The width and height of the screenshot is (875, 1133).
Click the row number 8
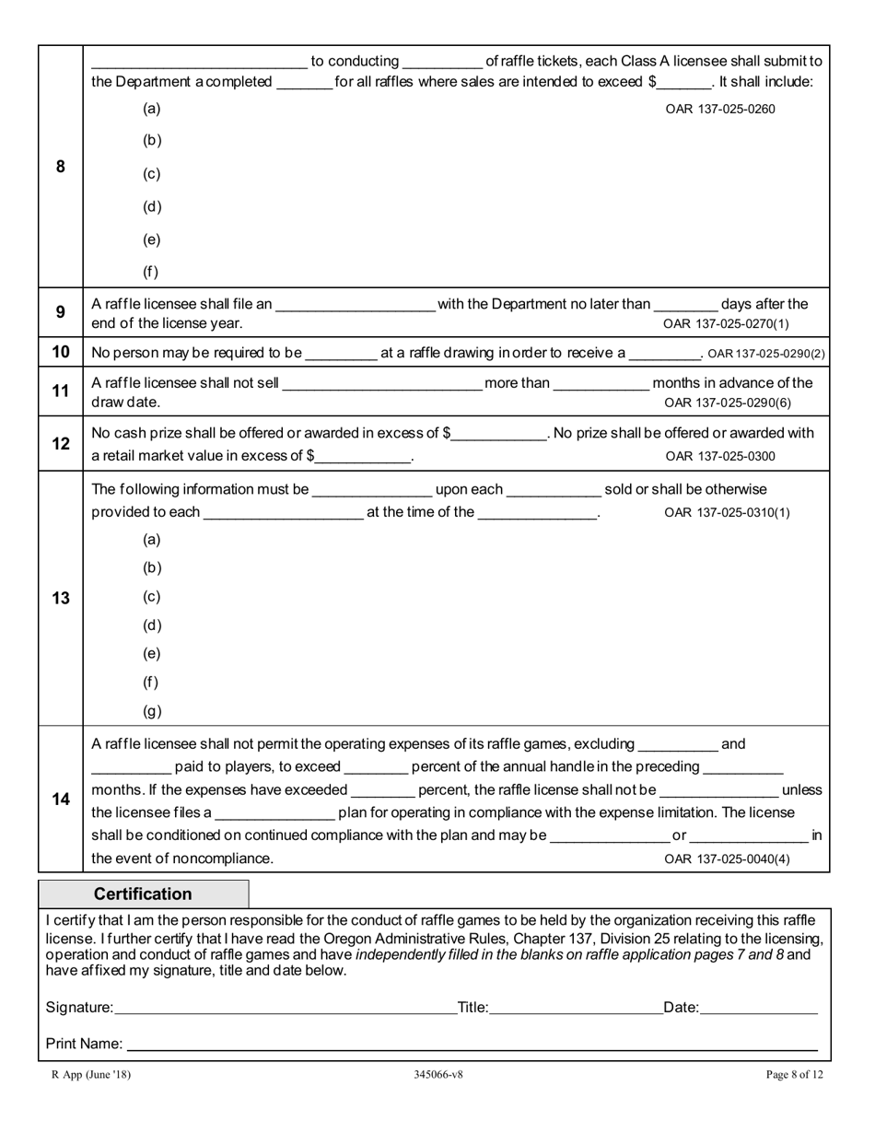(61, 167)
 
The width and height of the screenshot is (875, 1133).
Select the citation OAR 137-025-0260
(719, 109)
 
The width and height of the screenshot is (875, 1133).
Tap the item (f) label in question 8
(151, 272)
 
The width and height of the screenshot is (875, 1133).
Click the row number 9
(61, 312)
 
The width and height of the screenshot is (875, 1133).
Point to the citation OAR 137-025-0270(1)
(726, 323)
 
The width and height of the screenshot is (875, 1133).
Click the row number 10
(61, 352)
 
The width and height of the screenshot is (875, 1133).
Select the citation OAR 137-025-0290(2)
(765, 354)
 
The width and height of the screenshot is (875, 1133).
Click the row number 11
(61, 391)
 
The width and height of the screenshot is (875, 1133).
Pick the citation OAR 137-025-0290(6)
(727, 403)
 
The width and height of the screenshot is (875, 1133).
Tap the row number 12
(61, 443)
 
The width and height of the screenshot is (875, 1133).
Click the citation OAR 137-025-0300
(719, 456)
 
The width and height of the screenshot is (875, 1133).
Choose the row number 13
(61, 598)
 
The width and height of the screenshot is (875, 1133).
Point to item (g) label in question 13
(152, 711)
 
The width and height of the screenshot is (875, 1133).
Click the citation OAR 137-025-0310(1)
(726, 513)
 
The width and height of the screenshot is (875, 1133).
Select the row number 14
(61, 799)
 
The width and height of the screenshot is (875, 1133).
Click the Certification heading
(143, 894)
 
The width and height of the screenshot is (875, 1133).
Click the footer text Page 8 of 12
(794, 1074)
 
